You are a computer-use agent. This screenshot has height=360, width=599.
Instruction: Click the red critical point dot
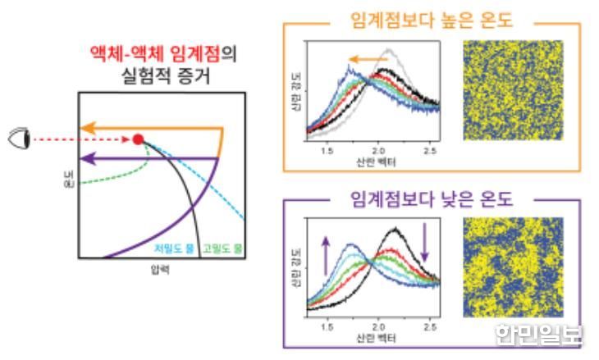pyautogui.click(x=138, y=139)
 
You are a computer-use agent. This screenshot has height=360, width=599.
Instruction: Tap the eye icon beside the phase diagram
pyautogui.click(x=19, y=139)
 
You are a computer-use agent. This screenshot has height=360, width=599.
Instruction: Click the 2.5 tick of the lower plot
pyautogui.click(x=428, y=327)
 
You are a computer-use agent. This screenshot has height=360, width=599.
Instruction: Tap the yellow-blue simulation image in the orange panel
pyautogui.click(x=513, y=89)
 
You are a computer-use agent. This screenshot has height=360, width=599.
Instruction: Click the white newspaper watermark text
pyautogui.click(x=538, y=334)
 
